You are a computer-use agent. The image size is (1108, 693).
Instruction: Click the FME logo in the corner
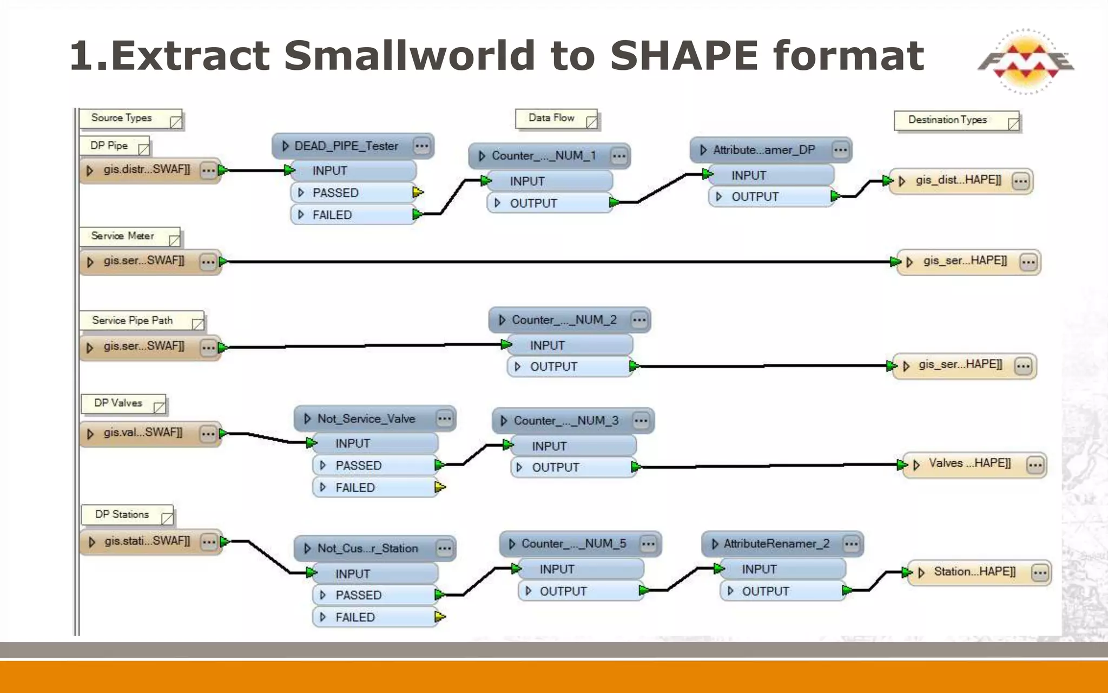coord(1025,61)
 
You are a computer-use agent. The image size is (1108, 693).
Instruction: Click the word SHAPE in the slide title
coord(684,56)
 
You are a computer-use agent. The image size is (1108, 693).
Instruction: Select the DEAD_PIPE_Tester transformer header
coord(346,146)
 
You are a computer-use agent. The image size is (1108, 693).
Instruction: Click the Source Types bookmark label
coord(122,118)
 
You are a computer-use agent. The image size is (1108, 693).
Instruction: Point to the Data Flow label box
coord(552,118)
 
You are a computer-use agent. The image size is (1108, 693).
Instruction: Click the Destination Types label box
coord(948,120)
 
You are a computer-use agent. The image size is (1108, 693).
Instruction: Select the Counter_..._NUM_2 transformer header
coord(564,320)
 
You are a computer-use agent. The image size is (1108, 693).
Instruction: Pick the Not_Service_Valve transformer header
coord(366,419)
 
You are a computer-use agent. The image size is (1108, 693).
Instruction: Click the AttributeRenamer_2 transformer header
coord(776,544)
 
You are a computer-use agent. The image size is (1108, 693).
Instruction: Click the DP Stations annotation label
coord(122,514)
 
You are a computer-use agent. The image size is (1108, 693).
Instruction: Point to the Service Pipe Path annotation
coord(133,321)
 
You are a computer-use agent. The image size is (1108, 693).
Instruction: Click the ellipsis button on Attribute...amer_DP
coord(840,151)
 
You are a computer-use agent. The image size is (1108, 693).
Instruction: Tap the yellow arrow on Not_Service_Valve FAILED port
coord(440,487)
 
